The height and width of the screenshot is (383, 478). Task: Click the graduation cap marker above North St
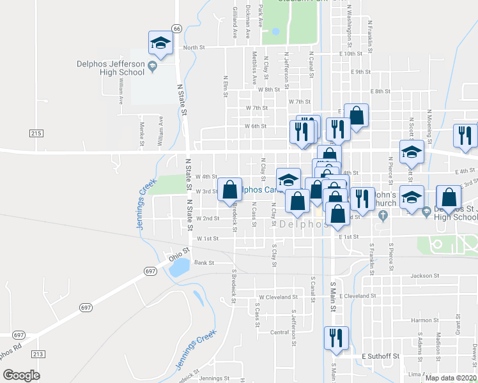(160, 43)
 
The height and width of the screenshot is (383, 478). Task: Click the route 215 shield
(36, 133)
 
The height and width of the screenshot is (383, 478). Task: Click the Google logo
(21, 375)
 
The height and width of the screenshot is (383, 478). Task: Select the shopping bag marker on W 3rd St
(229, 190)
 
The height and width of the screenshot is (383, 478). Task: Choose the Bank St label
(203, 262)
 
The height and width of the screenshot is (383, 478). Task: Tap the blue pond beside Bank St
(178, 266)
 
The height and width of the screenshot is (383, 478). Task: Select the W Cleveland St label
(278, 297)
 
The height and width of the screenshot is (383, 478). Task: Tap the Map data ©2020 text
(451, 378)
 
